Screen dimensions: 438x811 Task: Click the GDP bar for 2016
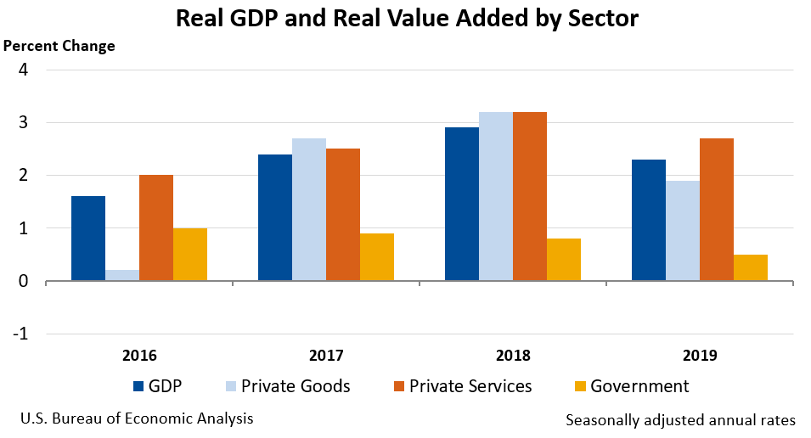coord(88,239)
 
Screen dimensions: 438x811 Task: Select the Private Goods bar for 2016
coord(122,275)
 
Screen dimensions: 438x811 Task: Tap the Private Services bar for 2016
coord(156,227)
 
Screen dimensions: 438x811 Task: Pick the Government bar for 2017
coord(377,257)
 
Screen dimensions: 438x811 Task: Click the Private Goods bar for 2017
coord(309,210)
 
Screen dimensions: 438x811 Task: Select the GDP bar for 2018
coord(462,204)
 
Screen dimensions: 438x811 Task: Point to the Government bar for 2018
coord(564,260)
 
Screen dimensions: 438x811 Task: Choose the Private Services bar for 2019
coord(717,210)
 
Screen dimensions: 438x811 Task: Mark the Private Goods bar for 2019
coord(683,231)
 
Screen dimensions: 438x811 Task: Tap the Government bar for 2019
coord(751,267)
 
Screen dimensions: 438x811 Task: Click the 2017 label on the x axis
coord(327,355)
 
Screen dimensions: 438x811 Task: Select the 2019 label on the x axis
coord(701,355)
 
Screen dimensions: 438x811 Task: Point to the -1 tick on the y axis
coord(20,334)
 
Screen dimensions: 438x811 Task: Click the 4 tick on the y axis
coord(24,70)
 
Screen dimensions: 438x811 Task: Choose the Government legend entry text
coord(639,386)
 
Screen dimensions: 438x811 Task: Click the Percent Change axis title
coord(60,46)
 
